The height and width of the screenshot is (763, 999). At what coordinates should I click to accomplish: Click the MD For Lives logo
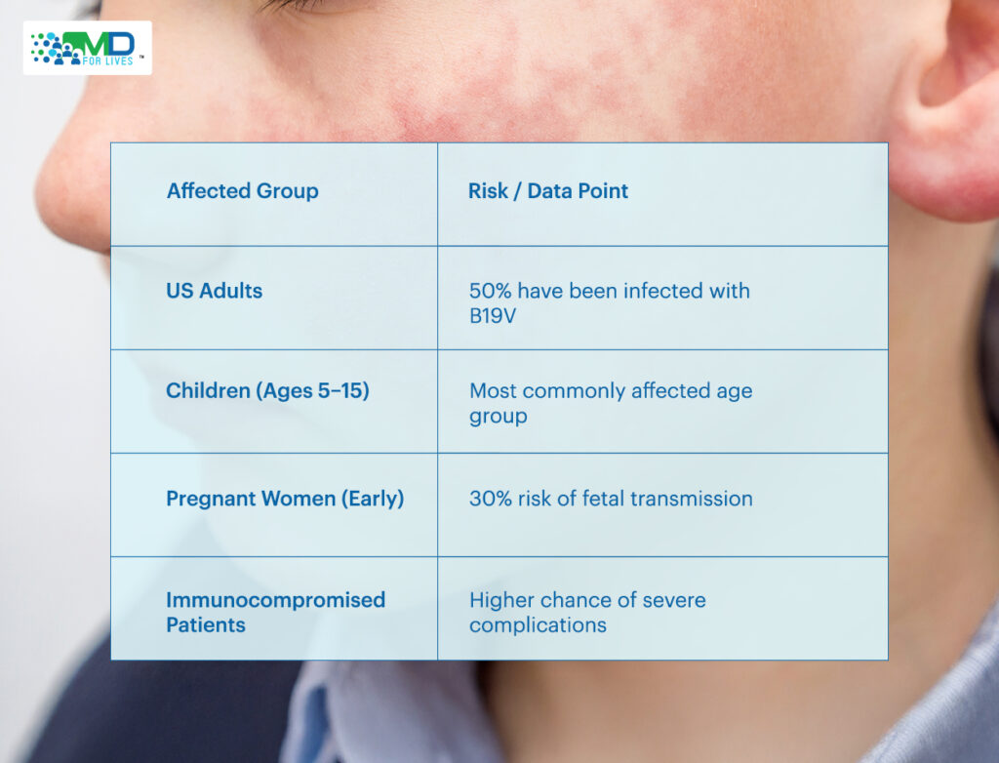coord(87,48)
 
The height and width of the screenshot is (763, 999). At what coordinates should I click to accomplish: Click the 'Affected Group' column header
coord(242,190)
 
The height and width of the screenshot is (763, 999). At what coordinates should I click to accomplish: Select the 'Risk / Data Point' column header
coord(548,190)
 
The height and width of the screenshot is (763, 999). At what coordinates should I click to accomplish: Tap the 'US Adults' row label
coord(214,291)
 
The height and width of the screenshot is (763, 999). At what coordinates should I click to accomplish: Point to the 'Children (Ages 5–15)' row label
coord(267,390)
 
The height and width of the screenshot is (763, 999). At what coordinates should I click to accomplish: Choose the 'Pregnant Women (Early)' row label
coord(285,499)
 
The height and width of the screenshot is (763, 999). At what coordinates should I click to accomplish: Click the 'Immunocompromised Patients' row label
coord(275,612)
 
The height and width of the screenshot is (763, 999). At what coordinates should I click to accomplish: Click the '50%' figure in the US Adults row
coord(491,291)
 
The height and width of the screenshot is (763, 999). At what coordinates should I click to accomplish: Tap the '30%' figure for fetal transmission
coord(491,499)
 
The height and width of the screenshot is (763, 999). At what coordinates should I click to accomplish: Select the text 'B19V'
coord(493,316)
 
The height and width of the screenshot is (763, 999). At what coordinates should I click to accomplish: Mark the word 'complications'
coord(538,625)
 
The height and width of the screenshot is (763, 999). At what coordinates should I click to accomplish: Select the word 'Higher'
coord(499,600)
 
